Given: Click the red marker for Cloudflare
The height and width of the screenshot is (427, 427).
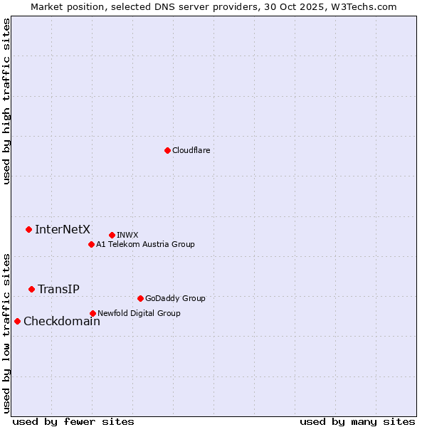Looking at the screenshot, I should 167,150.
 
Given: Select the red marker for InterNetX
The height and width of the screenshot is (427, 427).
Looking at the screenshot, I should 28,229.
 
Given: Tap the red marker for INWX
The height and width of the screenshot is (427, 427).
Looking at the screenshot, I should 112,235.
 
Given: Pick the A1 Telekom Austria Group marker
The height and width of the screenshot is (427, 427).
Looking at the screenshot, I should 91,244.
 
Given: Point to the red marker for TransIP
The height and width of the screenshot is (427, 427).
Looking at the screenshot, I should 31,289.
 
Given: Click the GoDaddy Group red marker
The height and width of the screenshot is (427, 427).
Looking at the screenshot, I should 140,298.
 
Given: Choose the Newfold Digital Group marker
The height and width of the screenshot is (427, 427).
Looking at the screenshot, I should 93,313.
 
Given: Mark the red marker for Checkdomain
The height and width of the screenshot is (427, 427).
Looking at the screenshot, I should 17,321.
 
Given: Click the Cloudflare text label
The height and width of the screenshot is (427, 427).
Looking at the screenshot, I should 191,150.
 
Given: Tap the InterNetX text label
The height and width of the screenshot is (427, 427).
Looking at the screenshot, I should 63,229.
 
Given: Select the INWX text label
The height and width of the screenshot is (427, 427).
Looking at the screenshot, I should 127,235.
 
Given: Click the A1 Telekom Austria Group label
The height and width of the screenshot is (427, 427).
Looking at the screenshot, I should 145,244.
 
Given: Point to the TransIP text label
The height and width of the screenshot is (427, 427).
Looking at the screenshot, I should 58,289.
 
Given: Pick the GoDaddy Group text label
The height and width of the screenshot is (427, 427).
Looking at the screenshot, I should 175,298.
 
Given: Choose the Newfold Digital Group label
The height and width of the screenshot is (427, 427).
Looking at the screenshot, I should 139,313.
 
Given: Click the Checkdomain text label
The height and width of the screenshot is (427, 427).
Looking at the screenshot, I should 62,321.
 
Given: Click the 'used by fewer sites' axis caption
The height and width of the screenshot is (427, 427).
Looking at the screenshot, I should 73,421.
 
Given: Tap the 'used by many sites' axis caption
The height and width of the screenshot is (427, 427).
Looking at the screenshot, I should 357,421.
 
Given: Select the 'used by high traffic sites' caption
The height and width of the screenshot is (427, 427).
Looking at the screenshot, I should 7,101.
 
